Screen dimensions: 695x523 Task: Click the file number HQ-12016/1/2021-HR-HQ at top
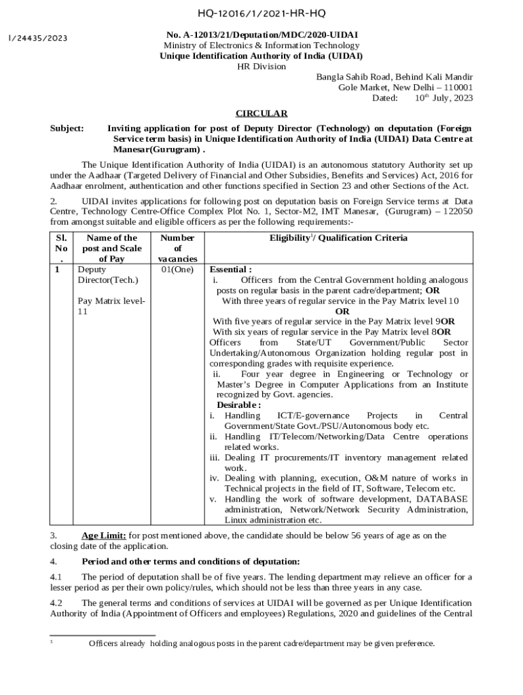tap(261, 13)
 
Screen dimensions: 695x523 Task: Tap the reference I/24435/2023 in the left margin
tap(37, 38)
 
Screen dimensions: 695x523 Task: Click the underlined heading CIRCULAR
tap(261, 113)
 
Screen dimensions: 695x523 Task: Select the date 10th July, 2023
tap(444, 98)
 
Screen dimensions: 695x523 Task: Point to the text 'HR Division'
tap(261, 67)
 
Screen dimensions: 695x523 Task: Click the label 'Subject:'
tap(67, 128)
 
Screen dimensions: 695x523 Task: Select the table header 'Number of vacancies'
tap(177, 248)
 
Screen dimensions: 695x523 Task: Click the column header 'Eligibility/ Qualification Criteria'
tap(338, 238)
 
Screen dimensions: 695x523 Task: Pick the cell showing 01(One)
tap(177, 269)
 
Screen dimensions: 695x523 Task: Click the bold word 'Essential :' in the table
tap(230, 269)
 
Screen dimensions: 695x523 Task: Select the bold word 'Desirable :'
tap(238, 405)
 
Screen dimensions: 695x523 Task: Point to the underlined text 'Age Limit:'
tap(103, 536)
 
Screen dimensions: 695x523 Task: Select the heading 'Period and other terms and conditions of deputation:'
tap(190, 561)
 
